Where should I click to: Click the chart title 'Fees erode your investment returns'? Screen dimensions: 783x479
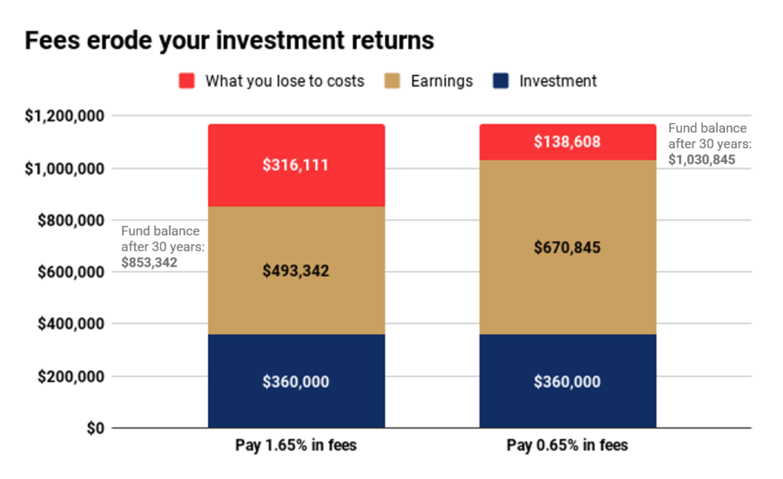229,40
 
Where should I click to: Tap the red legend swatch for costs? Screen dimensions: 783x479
187,81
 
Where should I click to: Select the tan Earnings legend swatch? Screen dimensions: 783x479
392,81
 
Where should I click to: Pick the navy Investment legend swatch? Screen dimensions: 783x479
500,81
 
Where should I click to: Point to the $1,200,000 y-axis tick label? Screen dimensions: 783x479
64,116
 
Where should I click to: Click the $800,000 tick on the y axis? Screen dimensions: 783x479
71,220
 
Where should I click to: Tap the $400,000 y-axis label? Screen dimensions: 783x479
71,324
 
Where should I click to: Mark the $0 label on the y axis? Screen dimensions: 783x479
96,428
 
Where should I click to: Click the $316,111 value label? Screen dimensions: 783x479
296,165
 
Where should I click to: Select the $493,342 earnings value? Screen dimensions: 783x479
296,271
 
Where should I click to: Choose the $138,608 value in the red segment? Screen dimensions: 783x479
567,141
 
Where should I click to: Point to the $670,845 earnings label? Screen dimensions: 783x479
567,248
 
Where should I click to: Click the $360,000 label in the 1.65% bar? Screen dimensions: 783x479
296,382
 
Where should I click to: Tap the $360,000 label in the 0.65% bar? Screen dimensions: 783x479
567,382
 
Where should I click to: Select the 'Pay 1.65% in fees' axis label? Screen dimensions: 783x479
296,445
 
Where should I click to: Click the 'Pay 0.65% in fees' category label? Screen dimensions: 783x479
567,445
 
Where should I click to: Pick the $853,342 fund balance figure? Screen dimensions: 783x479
149,263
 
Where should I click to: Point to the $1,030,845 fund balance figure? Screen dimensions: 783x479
702,160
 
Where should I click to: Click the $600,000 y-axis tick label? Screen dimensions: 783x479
71,272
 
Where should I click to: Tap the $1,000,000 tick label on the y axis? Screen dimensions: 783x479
64,169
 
